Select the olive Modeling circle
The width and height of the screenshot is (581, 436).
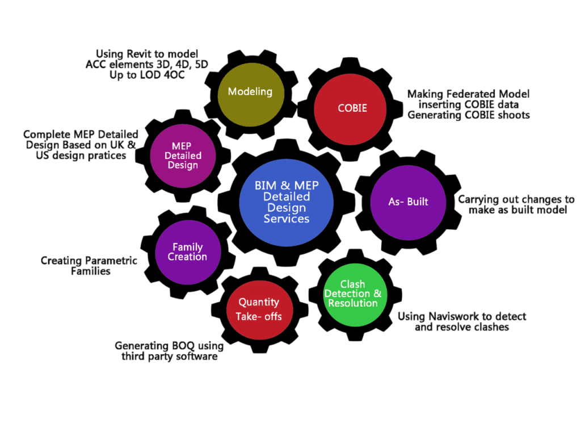pyautogui.click(x=250, y=94)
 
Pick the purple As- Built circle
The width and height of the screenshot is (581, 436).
pyautogui.click(x=408, y=202)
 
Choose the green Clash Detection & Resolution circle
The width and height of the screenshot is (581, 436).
pyautogui.click(x=353, y=295)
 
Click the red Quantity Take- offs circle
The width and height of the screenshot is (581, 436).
pyautogui.click(x=259, y=309)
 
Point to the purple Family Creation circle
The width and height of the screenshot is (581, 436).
pyautogui.click(x=188, y=252)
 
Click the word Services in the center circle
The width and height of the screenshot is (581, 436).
pyautogui.click(x=287, y=219)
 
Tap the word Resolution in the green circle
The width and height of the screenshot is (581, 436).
pyautogui.click(x=352, y=303)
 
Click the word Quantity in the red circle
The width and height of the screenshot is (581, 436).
pyautogui.click(x=259, y=302)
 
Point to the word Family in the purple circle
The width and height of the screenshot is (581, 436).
pyautogui.click(x=188, y=247)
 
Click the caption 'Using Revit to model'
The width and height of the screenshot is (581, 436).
pyautogui.click(x=147, y=54)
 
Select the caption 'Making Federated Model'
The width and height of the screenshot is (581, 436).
pyautogui.click(x=468, y=94)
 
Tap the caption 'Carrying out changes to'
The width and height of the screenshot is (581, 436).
pyautogui.click(x=516, y=199)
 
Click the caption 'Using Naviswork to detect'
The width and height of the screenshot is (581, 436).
pyautogui.click(x=461, y=317)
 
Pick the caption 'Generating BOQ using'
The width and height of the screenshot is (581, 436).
pyautogui.click(x=169, y=346)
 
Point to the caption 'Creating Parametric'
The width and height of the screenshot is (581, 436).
pyautogui.click(x=89, y=261)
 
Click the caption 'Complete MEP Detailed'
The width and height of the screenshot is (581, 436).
pyautogui.click(x=81, y=135)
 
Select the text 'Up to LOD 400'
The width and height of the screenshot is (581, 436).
pyautogui.click(x=147, y=75)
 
